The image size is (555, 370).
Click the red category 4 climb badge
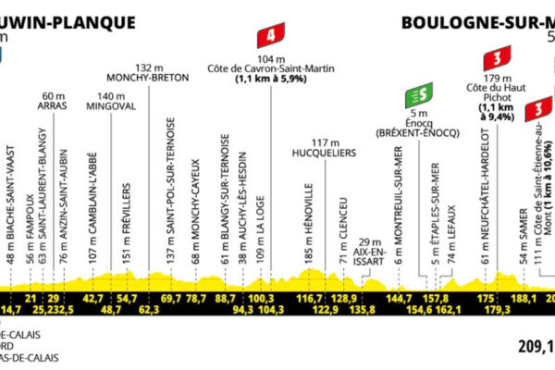click(269, 38)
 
